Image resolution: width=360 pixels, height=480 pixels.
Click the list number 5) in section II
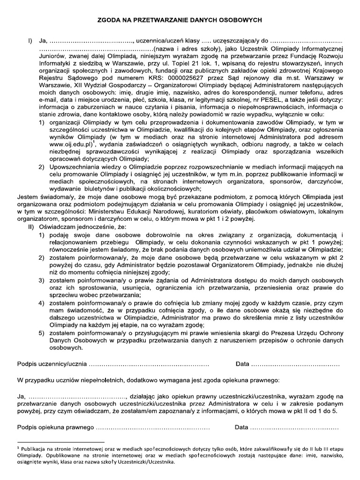pyautogui.click(x=42, y=333)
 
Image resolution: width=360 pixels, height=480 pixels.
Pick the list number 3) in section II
pyautogui.click(x=42, y=280)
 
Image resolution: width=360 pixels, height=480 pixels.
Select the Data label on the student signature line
pyautogui.click(x=242, y=364)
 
